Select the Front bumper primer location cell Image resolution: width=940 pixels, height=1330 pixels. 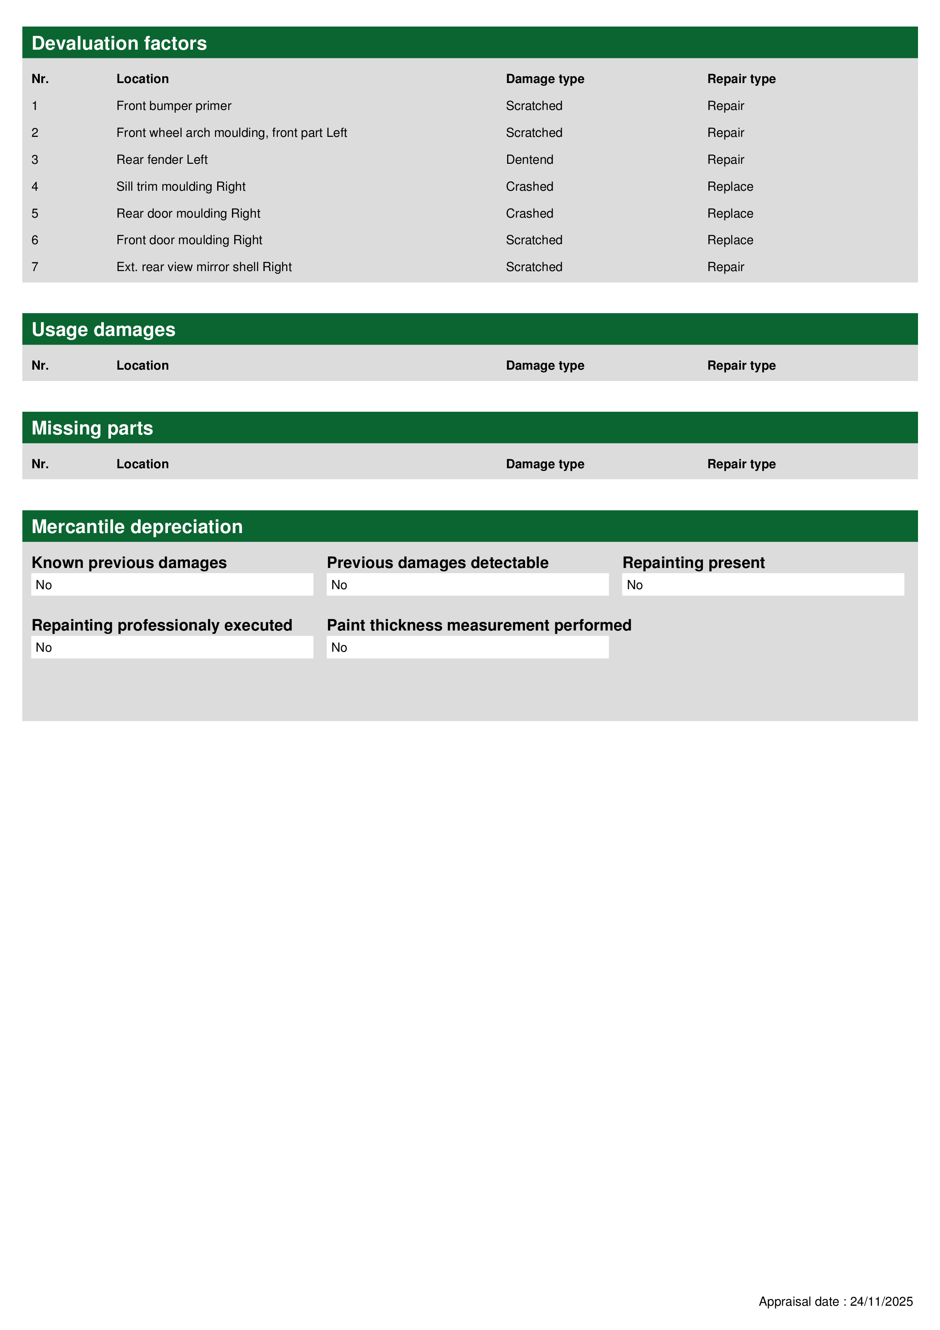(174, 106)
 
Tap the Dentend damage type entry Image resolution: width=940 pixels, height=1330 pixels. (530, 160)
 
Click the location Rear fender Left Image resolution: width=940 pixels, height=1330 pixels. (161, 160)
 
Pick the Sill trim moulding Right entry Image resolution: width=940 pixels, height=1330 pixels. (181, 187)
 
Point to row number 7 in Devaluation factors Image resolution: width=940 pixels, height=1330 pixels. (35, 267)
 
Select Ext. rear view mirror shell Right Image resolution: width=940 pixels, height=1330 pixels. (204, 267)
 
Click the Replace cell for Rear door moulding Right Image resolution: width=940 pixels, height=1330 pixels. (730, 214)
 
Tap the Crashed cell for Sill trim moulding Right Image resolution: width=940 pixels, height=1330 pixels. (530, 187)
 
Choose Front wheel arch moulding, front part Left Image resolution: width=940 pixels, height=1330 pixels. (232, 133)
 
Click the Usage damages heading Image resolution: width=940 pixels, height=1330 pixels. (103, 329)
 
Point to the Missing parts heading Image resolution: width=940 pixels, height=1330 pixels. (92, 428)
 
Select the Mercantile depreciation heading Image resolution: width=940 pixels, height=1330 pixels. (137, 527)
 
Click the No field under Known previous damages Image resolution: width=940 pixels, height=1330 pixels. (172, 585)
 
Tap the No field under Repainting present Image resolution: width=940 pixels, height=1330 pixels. (763, 585)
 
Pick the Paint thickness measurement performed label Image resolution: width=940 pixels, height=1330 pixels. (479, 626)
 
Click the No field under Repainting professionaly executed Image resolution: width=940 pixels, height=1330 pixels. (172, 648)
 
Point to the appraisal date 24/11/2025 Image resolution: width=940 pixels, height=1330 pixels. (881, 1302)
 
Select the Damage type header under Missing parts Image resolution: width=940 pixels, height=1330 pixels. (544, 464)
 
